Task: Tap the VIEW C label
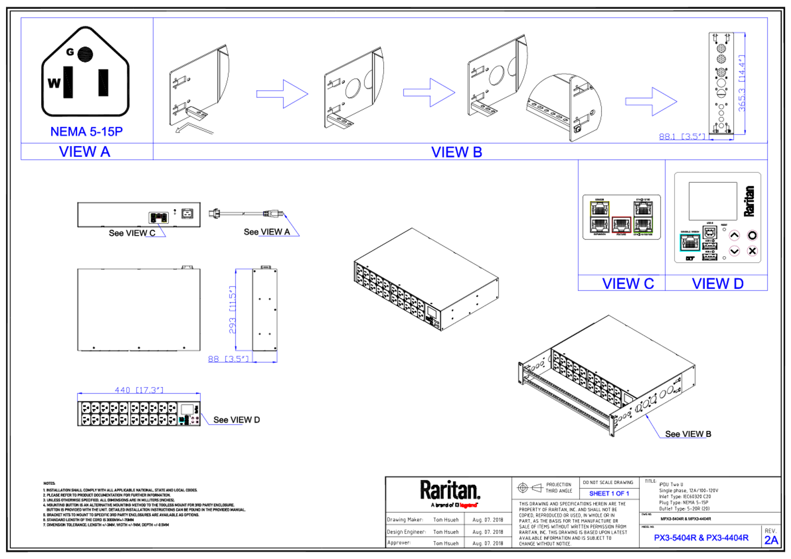628,283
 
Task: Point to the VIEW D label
718,283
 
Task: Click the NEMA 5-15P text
87,131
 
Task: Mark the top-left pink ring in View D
734,235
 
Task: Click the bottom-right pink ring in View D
752,251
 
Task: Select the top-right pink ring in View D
752,235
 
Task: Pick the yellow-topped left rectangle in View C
599,217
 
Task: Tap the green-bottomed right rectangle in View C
643,217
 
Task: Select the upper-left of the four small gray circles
260,299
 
